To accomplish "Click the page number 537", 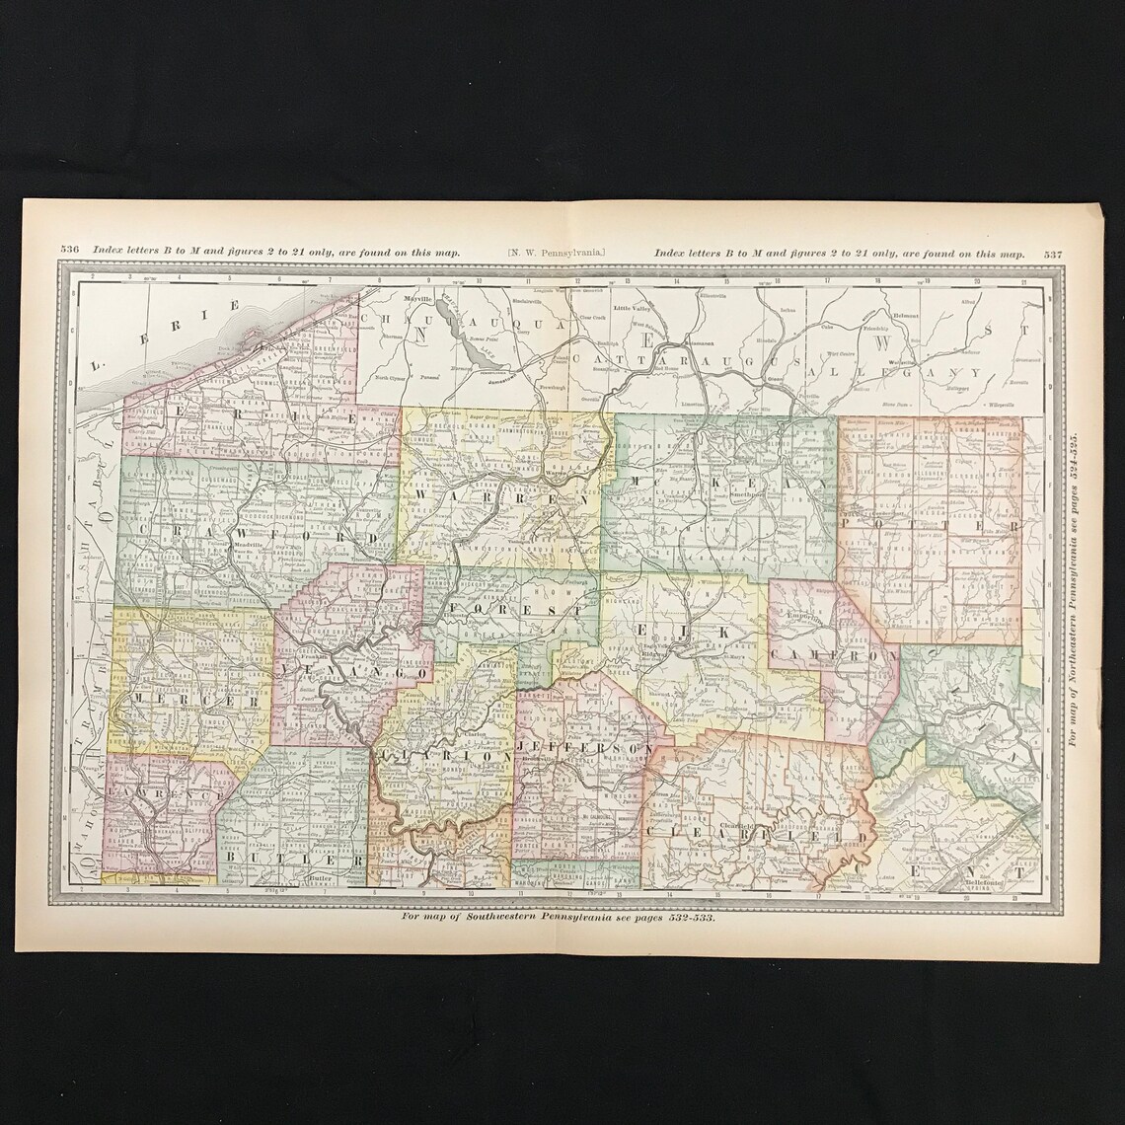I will pos(1052,254).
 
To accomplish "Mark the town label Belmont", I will pos(904,316).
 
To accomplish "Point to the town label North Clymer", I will pos(391,377).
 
